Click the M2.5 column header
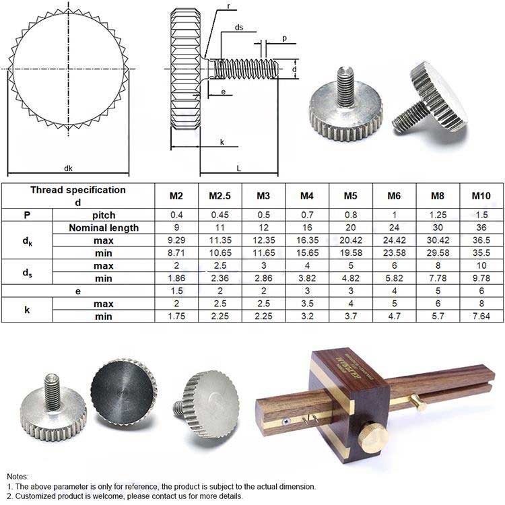click(x=220, y=196)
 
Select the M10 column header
click(x=481, y=196)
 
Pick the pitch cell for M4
click(x=307, y=215)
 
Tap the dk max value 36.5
click(x=481, y=240)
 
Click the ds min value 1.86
click(x=176, y=278)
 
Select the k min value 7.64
click(x=481, y=316)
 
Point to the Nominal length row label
click(x=104, y=228)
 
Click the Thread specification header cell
click(x=78, y=196)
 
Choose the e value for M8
click(x=438, y=291)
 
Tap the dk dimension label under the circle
click(x=68, y=168)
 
